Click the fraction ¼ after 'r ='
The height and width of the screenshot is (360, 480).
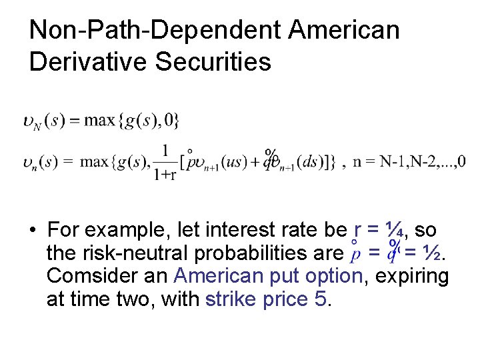394,231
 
